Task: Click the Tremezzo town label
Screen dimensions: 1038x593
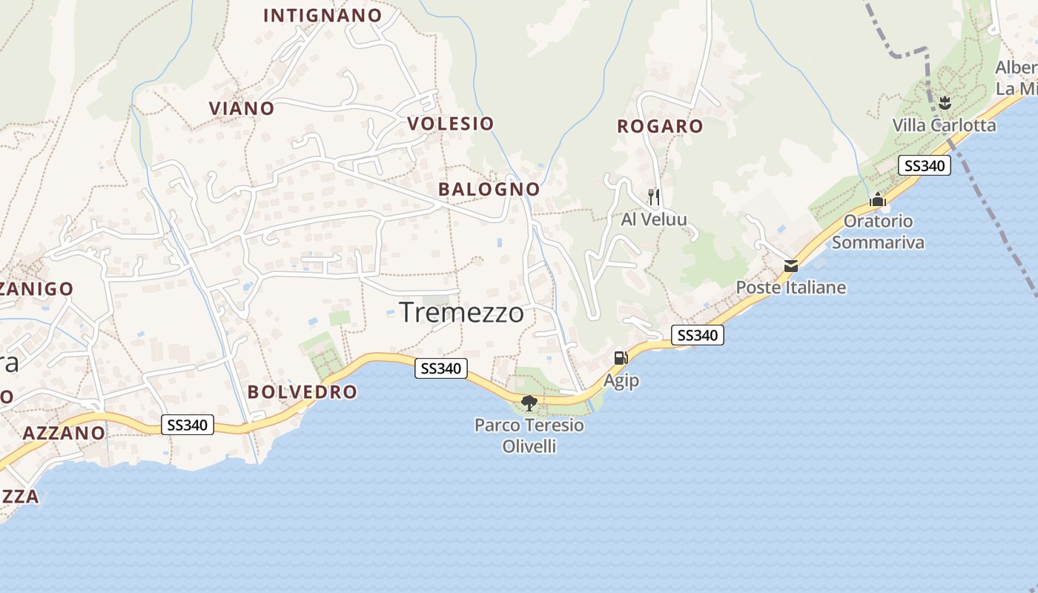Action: [461, 312]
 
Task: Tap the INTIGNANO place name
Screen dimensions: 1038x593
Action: [323, 16]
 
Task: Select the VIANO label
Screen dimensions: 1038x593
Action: [242, 108]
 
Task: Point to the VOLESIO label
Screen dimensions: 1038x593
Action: [451, 123]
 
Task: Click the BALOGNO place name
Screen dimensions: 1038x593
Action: [489, 189]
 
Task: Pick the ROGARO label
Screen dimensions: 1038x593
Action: [660, 126]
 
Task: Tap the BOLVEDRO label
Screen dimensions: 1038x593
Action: [302, 392]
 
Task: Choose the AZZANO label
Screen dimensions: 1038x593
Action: [64, 433]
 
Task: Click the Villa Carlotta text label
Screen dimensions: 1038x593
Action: [944, 125]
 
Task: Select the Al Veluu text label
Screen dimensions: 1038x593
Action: [654, 219]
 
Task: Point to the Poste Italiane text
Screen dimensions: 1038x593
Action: [790, 287]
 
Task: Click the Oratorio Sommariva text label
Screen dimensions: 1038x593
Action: [878, 231]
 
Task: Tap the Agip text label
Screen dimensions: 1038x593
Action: [621, 380]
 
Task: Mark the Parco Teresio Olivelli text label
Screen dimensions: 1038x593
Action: [529, 436]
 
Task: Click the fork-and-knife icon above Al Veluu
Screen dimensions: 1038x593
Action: [653, 196]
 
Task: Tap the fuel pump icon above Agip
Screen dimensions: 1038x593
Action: [620, 357]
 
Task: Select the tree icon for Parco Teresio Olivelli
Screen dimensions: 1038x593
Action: [529, 403]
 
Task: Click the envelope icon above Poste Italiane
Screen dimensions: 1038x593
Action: [791, 265]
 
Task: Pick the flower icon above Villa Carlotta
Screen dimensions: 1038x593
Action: [945, 102]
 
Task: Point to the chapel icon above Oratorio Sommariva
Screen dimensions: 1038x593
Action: [878, 199]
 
